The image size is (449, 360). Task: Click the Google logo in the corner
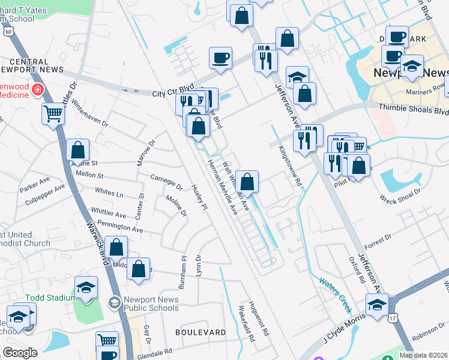20,353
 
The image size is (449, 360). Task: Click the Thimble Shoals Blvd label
414,110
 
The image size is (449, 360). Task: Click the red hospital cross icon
37,90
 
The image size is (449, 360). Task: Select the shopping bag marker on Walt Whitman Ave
247,181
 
